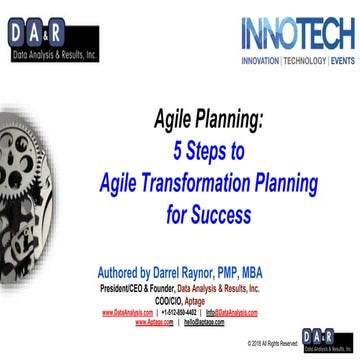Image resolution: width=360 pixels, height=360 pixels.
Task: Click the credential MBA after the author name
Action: click(286, 271)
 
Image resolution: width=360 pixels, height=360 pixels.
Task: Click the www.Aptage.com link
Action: click(156, 323)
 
